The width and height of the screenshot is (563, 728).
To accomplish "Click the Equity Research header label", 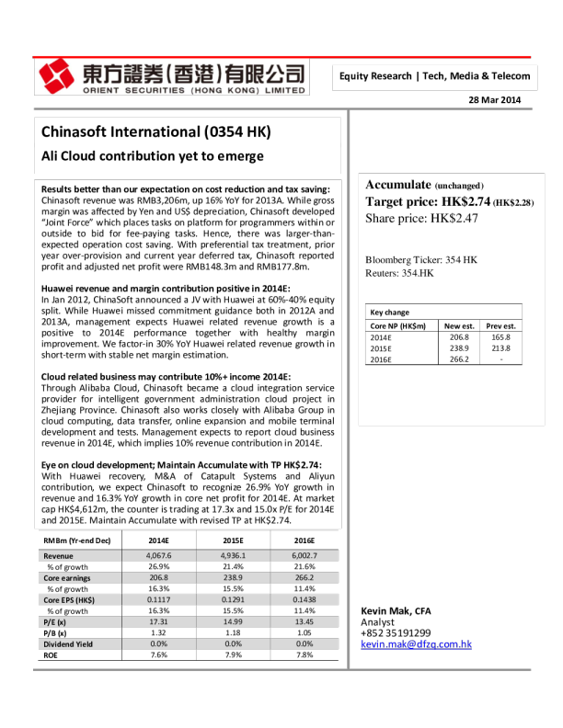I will (x=434, y=76).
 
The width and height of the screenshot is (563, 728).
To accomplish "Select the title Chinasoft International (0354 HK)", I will (x=155, y=131).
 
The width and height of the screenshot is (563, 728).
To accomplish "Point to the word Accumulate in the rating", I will (x=398, y=185).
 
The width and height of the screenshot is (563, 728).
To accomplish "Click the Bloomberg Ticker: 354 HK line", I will (x=421, y=260).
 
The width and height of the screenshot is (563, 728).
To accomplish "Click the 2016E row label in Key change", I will (x=381, y=359).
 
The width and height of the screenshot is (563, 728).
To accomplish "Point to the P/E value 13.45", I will (x=304, y=622).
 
